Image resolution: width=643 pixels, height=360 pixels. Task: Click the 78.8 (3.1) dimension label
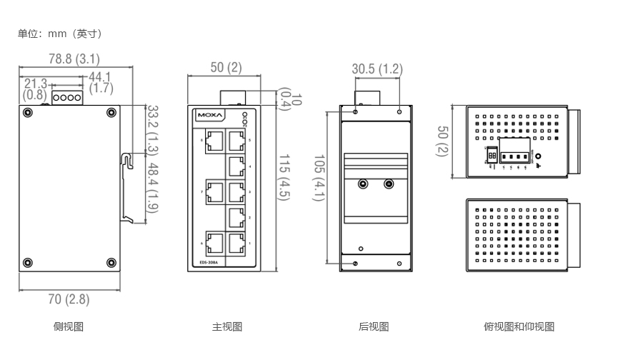[x=74, y=59]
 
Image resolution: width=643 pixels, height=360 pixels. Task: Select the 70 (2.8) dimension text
[x=69, y=299]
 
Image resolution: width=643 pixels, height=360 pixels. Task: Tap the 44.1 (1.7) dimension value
[x=101, y=83]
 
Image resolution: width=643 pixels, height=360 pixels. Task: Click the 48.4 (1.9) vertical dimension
[x=152, y=188]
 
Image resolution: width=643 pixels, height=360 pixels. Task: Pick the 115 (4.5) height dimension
[x=283, y=177]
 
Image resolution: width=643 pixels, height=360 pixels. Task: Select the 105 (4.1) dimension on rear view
[x=319, y=178]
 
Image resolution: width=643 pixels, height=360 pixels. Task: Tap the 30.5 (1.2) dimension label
[x=377, y=69]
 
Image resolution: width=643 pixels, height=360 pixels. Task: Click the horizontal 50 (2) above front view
[x=226, y=68]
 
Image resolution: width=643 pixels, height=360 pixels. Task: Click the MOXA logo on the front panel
[x=211, y=114]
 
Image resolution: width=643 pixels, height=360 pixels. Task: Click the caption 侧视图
[x=69, y=327]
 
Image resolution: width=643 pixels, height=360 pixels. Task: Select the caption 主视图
[x=227, y=327]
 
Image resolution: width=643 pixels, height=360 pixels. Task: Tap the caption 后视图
[x=374, y=327]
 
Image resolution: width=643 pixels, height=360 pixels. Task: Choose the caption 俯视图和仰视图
[x=519, y=327]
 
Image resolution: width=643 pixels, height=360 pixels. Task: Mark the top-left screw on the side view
[x=27, y=112]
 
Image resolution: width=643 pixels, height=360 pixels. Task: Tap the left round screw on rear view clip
[x=363, y=184]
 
